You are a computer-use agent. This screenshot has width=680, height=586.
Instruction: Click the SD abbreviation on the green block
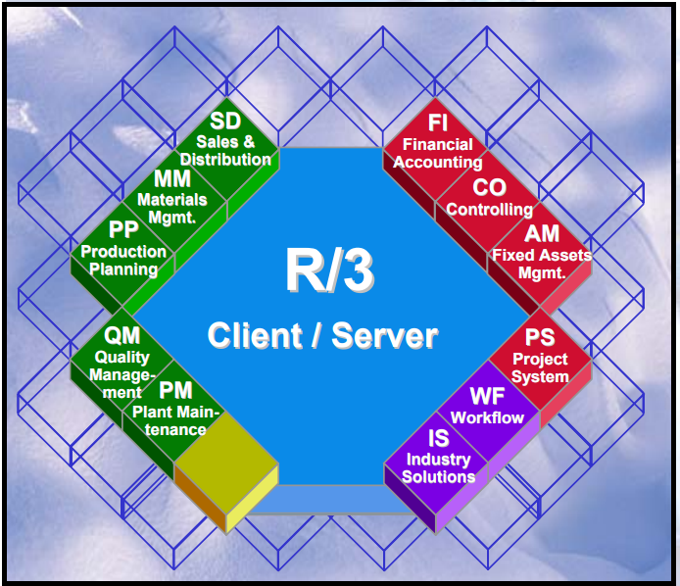coord(226,123)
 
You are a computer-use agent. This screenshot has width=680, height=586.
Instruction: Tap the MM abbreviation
coord(172,179)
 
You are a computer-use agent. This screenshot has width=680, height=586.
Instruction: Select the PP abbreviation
coord(123,232)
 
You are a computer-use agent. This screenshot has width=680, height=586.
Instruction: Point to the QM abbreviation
coord(122,336)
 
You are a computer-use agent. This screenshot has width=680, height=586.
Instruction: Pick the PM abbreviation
coord(175,391)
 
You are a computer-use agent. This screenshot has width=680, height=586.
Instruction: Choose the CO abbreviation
coord(489,186)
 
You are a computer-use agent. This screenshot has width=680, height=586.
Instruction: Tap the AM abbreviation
coord(542,234)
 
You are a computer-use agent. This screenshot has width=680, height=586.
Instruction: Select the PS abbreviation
coord(540,338)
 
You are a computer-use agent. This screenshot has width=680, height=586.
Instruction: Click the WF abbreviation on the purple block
coord(487,397)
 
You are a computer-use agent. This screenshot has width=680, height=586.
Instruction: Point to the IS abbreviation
coord(439,438)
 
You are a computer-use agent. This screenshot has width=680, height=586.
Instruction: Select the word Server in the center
coord(385,336)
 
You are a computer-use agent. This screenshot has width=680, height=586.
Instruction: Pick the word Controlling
coord(490,209)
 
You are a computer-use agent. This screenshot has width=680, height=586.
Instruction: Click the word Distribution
coord(226,160)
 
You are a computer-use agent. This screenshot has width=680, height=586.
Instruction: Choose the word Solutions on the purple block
coord(439,476)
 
